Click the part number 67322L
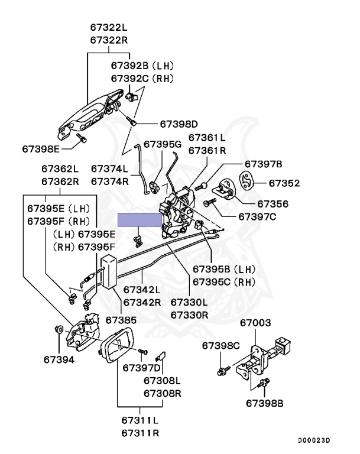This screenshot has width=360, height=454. [x=109, y=27]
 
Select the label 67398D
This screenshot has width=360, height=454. [x=179, y=124]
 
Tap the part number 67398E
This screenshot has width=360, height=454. [x=41, y=149]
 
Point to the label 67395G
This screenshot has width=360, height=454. [x=163, y=144]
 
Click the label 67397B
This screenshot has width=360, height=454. [x=263, y=164]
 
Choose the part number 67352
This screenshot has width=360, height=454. [x=284, y=183]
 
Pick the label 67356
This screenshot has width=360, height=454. [x=273, y=204]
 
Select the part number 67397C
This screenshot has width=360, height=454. [x=257, y=216]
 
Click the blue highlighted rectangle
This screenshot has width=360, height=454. [x=140, y=220]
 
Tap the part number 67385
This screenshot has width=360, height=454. [x=121, y=320]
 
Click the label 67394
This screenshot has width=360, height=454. [x=59, y=359]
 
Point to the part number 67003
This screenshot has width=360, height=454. [x=255, y=323]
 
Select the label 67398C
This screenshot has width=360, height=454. [x=220, y=346]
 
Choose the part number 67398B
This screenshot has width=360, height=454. [x=264, y=403]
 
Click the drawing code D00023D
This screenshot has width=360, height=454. [x=314, y=440]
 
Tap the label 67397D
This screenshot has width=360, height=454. [x=141, y=368]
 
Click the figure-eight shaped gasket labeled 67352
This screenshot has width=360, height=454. [x=246, y=181]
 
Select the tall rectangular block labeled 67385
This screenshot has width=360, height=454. [x=108, y=271]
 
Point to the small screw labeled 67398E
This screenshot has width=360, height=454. [x=81, y=138]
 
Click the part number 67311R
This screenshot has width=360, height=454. [x=140, y=433]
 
